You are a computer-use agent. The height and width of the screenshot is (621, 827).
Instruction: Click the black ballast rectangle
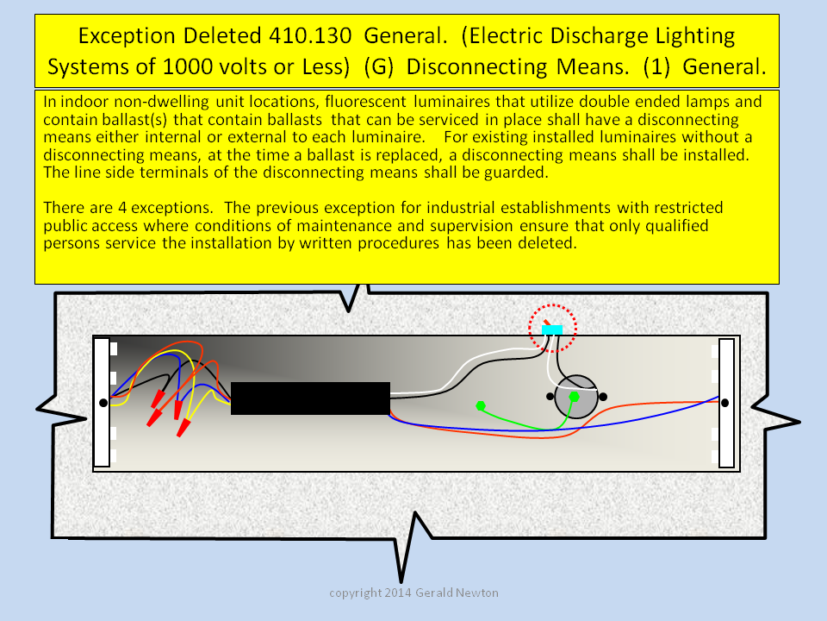coord(311,398)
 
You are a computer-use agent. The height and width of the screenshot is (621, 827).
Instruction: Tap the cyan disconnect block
coord(552,329)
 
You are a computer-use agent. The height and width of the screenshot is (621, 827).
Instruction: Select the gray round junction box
coord(576,397)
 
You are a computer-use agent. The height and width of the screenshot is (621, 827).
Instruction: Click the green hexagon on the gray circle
coord(575,396)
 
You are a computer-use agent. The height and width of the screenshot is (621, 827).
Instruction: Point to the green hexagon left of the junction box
coord(481,406)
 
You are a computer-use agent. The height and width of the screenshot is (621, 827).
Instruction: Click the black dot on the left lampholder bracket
coord(103,403)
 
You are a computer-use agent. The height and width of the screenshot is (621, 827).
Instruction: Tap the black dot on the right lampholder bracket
coord(725,403)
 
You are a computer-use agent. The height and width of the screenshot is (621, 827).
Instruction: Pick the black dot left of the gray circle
coord(550,396)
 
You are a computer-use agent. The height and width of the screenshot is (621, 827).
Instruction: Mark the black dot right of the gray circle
coord(603,396)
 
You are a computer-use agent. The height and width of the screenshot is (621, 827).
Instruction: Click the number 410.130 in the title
coord(310,36)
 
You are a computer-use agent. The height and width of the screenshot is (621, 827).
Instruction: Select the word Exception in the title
coord(127,36)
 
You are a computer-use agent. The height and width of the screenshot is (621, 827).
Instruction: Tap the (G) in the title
coord(379,67)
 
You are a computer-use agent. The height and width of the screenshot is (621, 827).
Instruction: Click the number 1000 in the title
coord(185,67)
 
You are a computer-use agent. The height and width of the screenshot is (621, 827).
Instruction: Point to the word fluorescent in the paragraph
coord(365,102)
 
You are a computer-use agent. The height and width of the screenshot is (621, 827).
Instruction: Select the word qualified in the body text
coord(677,225)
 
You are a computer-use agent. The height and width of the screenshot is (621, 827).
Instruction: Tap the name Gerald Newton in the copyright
coord(457,593)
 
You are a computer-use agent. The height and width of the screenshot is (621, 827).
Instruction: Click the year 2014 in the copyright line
coord(398,593)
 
